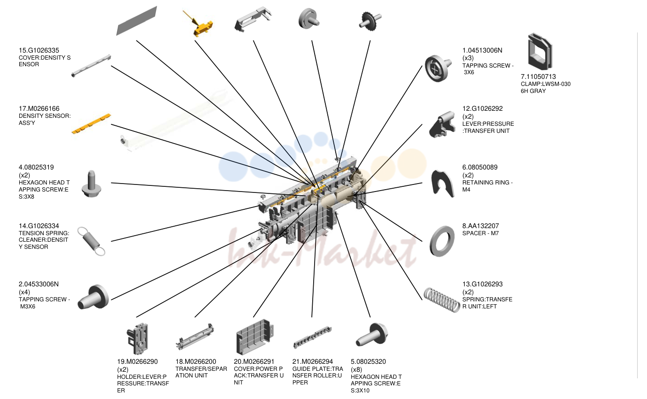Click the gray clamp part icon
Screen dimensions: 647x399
click(x=540, y=52)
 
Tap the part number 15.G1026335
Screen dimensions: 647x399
click(x=39, y=50)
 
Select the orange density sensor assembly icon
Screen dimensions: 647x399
click(x=91, y=124)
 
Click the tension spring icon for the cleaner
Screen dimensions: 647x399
click(x=91, y=241)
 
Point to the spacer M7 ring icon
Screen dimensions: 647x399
click(x=442, y=241)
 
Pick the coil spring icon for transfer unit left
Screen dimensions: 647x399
click(x=442, y=300)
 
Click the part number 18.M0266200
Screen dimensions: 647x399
click(x=196, y=361)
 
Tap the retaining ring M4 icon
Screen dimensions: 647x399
click(x=442, y=184)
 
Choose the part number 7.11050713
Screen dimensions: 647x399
click(x=538, y=77)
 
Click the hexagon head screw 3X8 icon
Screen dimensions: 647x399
click(x=91, y=184)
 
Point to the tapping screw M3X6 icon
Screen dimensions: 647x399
click(x=93, y=297)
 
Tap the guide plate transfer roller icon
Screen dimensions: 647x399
click(x=312, y=337)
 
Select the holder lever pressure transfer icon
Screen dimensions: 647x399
click(x=137, y=338)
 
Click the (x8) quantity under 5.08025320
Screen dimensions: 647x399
click(x=356, y=369)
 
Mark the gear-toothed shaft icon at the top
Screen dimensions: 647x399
click(x=370, y=21)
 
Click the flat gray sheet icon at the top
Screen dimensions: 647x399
click(x=136, y=21)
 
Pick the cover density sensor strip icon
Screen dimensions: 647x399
click(x=91, y=66)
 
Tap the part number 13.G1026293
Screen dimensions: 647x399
click(x=482, y=284)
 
